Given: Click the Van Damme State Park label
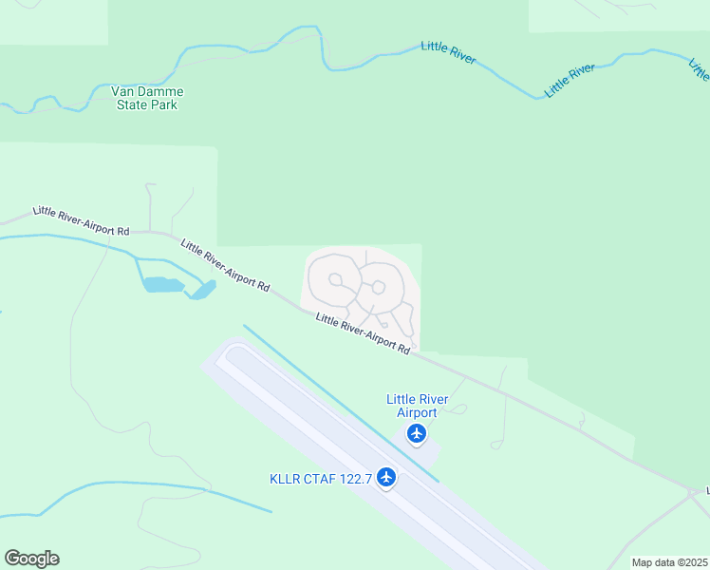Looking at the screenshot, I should coord(147,98).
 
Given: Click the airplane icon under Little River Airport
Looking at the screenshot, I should coord(416,434).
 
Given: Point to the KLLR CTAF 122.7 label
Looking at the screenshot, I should coord(321,478).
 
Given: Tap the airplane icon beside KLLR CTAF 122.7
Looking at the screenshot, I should coord(385,476).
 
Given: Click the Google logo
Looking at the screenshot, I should coord(31,559).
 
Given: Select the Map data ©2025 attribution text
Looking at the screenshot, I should coord(669,562).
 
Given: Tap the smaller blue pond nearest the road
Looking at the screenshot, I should coord(201,290).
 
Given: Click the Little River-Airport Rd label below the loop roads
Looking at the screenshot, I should coord(363,334).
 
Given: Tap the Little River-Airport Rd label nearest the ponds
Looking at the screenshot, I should coord(226,265).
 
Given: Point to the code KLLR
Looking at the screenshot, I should coord(284,478).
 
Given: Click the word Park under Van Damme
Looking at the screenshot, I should coord(162,104).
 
